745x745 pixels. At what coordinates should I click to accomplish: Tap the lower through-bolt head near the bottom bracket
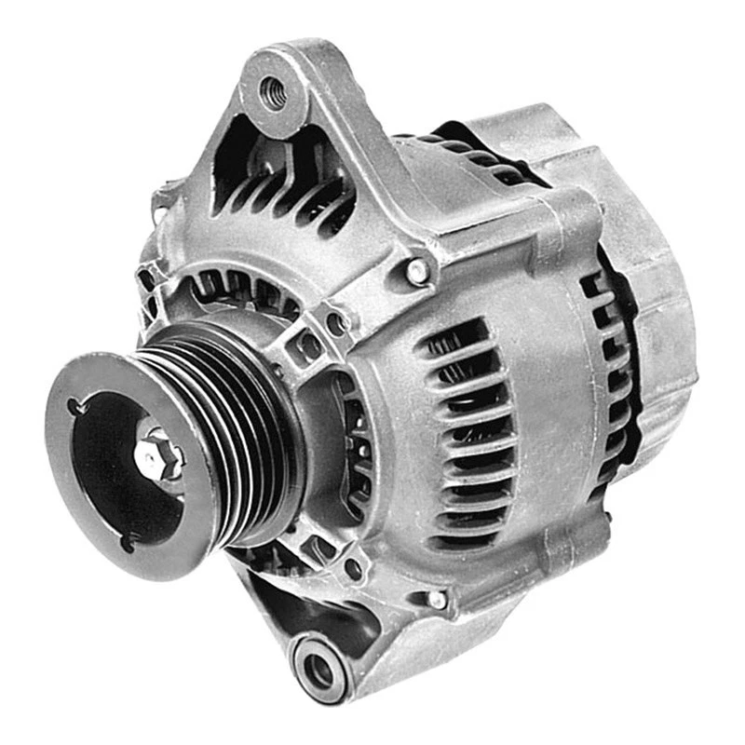click(436, 600)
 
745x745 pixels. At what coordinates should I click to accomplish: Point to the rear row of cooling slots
click(610, 372)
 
